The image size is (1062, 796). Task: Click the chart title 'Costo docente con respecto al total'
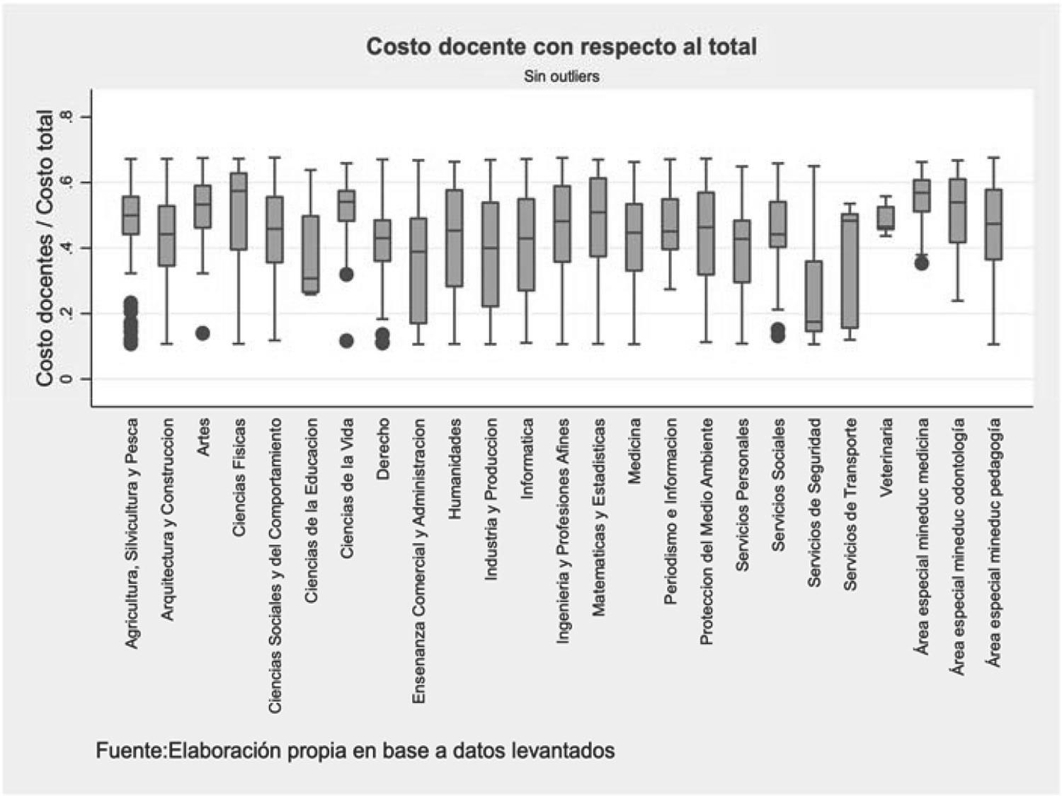pos(561,47)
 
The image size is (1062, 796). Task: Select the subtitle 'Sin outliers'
pos(561,76)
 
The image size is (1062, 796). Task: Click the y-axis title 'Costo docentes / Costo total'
pos(44,248)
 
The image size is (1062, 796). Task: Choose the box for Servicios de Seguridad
pos(814,296)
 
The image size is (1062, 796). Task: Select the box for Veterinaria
pos(886,218)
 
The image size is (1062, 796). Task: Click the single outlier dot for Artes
pos(202,333)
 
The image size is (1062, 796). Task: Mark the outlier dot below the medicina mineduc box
pos(921,263)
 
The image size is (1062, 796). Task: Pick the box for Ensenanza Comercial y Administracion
pos(418,270)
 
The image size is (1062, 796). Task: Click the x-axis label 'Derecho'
pos(383,449)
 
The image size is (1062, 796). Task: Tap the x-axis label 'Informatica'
pos(527,459)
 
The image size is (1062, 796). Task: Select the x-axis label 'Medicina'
pos(634,451)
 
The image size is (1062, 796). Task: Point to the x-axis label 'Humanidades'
pos(455,468)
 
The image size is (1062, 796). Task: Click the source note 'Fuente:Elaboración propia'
pos(355,750)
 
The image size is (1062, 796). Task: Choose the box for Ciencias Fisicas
pos(239,211)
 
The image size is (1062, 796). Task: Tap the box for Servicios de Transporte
pos(850,270)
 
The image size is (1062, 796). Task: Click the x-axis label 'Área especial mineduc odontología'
pos(958,546)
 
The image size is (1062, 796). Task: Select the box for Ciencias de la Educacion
pos(311,254)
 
